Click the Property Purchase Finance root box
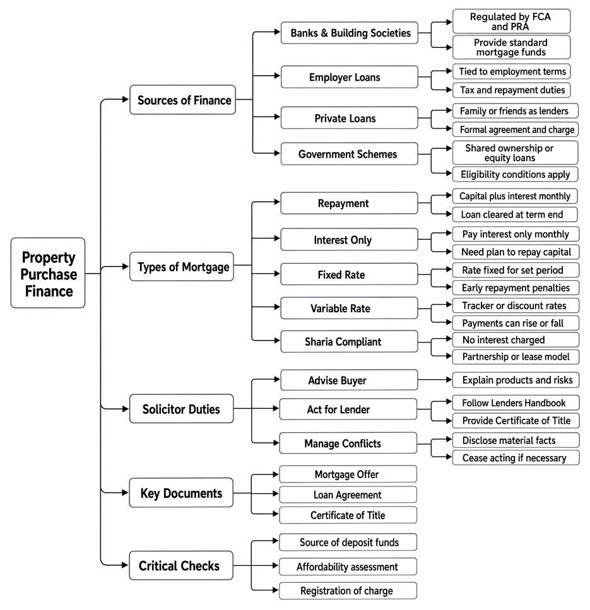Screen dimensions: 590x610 click(48, 273)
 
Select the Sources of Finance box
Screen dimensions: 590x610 click(182, 100)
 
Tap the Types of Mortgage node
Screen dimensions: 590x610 click(182, 266)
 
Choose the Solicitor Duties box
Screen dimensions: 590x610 click(181, 409)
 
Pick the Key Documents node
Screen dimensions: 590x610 click(181, 493)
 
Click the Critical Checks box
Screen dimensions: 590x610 click(181, 565)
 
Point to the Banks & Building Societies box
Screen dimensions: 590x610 click(350, 33)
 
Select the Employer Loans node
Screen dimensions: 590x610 click(350, 76)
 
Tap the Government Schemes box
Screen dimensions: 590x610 click(350, 154)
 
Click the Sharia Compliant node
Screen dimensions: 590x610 click(350, 341)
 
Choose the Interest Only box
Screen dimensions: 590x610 click(350, 239)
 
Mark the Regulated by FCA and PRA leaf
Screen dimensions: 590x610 click(511, 21)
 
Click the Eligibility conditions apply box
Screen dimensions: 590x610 click(516, 174)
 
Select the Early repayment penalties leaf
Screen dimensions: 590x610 click(516, 288)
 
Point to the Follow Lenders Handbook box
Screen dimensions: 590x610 click(516, 402)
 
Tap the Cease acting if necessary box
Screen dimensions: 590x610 click(516, 457)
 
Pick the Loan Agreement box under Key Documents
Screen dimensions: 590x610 click(348, 495)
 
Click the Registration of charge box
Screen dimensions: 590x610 click(348, 590)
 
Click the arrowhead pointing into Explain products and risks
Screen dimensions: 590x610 click(449, 379)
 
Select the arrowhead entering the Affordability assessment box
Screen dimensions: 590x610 click(276, 566)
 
